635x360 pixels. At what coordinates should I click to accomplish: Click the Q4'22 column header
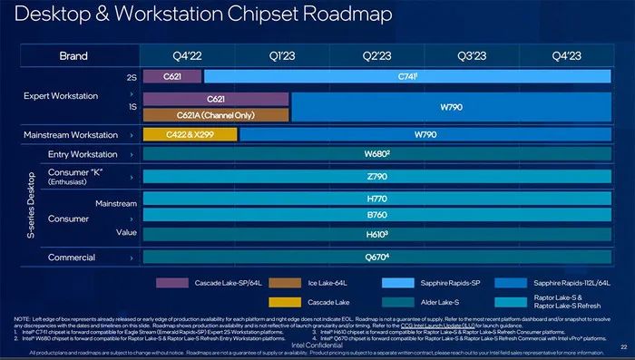point(189,54)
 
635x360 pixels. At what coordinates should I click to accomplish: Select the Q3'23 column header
point(473,54)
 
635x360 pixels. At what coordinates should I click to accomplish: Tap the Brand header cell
point(73,54)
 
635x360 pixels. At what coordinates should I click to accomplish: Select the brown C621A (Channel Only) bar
point(216,114)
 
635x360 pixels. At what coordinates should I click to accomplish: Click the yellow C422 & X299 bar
point(190,134)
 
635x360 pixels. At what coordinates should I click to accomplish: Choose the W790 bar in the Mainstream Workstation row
point(425,134)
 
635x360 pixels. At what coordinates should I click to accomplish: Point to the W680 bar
point(376,154)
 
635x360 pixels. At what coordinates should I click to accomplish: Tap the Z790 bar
point(376,176)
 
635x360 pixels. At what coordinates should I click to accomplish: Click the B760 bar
point(376,216)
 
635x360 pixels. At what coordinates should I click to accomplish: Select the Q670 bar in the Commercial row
point(376,258)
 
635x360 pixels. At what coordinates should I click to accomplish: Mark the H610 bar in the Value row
point(376,235)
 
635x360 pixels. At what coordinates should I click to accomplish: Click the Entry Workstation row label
point(83,154)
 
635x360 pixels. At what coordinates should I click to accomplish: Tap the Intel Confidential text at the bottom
point(317,345)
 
